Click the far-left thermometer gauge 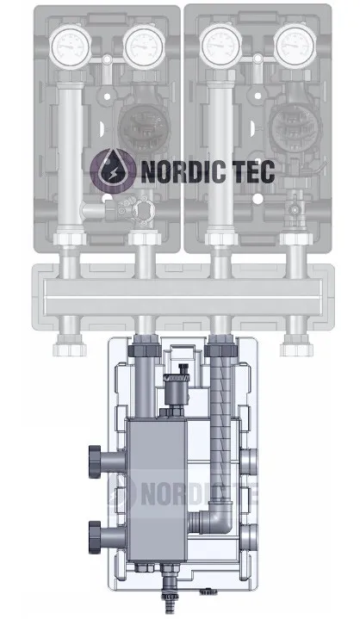[70, 46]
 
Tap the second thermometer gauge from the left [144, 46]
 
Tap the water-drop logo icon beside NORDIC [113, 171]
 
